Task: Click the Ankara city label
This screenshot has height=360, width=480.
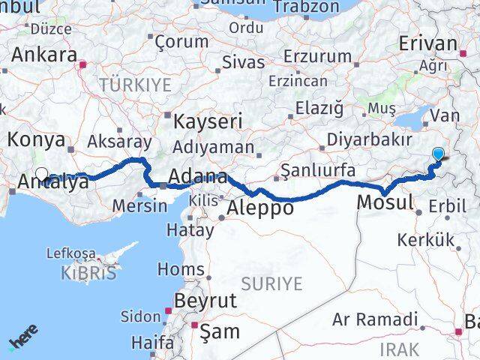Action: pyautogui.click(x=44, y=55)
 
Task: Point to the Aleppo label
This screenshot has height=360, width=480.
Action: pyautogui.click(x=260, y=208)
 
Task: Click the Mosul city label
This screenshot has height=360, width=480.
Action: pyautogui.click(x=385, y=202)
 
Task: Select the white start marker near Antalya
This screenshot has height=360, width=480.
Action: pyautogui.click(x=41, y=172)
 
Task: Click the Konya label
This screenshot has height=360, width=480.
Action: pyautogui.click(x=37, y=139)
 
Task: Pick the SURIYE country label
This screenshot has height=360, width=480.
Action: pyautogui.click(x=272, y=283)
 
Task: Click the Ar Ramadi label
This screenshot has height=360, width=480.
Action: pyautogui.click(x=375, y=320)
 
